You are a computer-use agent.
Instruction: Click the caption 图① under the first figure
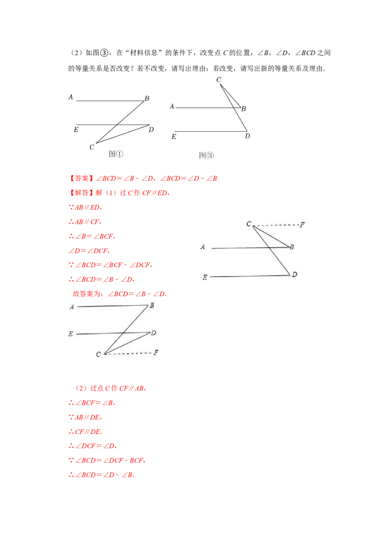[116, 154]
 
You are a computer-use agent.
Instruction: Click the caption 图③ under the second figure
[206, 155]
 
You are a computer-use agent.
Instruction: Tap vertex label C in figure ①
[92, 147]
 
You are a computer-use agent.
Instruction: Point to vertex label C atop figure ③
[218, 79]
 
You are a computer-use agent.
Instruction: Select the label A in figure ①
[71, 97]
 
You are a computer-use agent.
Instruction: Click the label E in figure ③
[174, 137]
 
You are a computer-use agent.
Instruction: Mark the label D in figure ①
[151, 130]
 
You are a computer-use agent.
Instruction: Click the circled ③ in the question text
[104, 53]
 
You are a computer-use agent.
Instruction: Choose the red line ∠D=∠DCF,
[89, 251]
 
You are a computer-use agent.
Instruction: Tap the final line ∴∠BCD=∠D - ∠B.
[102, 475]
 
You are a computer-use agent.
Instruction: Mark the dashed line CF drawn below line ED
[128, 353]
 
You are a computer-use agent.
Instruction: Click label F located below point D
[156, 353]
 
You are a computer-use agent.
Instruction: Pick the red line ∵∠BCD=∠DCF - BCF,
[107, 460]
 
